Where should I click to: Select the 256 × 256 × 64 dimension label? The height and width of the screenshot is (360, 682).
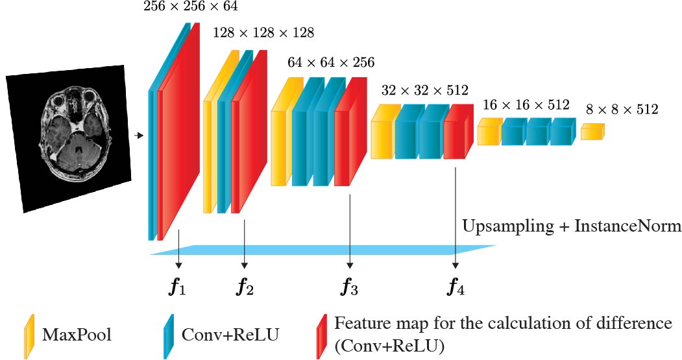tap(191, 7)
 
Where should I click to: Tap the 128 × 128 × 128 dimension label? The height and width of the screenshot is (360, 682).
tap(263, 32)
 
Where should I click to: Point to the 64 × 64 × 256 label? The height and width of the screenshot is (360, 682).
tap(331, 62)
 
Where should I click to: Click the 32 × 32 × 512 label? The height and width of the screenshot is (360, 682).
tap(425, 90)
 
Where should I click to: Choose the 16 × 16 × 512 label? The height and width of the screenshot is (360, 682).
tap(526, 105)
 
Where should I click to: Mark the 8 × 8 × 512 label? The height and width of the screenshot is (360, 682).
tap(622, 110)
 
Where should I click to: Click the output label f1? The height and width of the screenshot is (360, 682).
tap(178, 286)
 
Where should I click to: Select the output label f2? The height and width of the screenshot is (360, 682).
tap(245, 286)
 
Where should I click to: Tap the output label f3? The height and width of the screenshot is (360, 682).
tap(350, 286)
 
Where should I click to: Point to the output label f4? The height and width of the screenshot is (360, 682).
tap(456, 286)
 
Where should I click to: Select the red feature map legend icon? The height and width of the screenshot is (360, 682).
tap(321, 335)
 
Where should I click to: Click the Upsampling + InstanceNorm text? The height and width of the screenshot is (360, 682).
tap(572, 226)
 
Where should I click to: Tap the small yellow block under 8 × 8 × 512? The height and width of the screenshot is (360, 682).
tap(592, 132)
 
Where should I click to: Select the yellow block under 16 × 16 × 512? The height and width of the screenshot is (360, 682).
tap(488, 134)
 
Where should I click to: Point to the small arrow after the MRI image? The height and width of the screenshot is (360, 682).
tap(138, 136)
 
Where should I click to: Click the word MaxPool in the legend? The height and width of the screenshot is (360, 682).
tap(77, 335)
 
